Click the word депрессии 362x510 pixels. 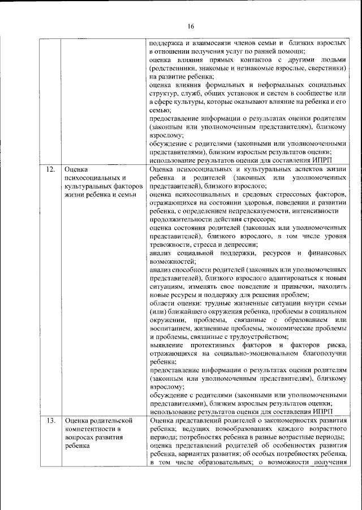[240, 245]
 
